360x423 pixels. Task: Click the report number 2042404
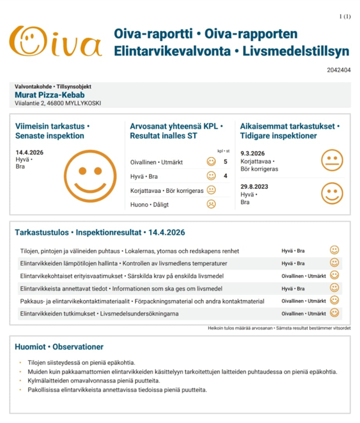[x=338, y=70]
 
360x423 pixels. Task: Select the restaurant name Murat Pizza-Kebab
[x=50, y=95]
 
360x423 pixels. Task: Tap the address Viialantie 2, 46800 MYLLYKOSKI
[x=58, y=104]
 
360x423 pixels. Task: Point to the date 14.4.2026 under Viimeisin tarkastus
[x=30, y=153]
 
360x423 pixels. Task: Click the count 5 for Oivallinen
[x=225, y=162]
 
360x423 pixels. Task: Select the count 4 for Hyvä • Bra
[x=225, y=176]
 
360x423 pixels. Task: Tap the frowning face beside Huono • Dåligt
[x=211, y=205]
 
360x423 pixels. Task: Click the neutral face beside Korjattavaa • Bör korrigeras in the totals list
[x=211, y=190]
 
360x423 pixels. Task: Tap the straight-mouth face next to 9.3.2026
[x=332, y=160]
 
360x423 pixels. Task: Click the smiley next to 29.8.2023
[x=332, y=193]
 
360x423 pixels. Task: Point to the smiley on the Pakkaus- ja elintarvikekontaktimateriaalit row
[x=335, y=301]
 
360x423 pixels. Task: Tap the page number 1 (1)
[x=344, y=16]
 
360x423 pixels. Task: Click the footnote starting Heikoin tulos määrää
[x=280, y=328]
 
